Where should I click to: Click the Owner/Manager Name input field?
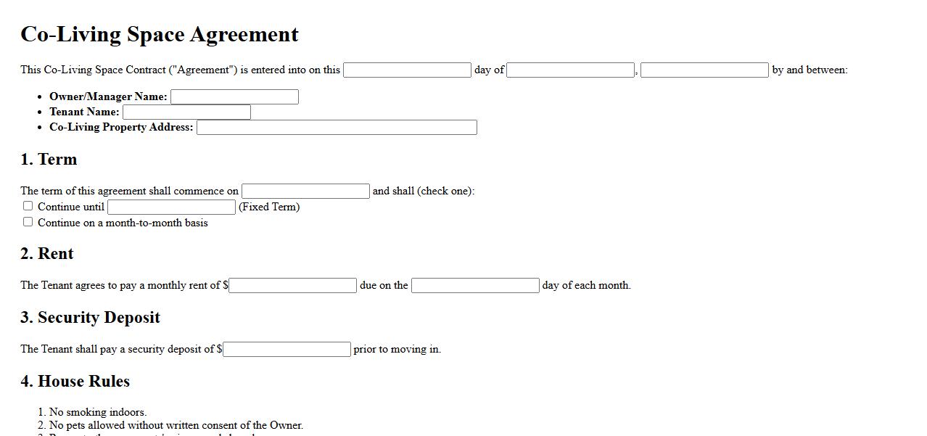234,96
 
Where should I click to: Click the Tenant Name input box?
186,112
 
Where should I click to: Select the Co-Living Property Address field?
337,128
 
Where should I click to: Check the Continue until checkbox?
28,206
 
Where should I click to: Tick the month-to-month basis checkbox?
28,222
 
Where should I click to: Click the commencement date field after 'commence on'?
305,191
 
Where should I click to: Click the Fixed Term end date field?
171,207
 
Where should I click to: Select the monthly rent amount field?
293,285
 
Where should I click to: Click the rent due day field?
475,285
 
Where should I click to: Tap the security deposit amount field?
287,349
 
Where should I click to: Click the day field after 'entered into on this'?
407,70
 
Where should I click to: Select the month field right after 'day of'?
571,70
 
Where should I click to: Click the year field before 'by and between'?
704,70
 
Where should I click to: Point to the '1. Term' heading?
49,160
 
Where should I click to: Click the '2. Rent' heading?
47,254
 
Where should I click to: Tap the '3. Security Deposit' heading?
90,318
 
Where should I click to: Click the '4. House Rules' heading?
75,382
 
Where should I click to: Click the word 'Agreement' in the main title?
249,35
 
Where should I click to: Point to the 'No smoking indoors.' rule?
97,412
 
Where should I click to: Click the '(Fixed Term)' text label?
269,207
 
